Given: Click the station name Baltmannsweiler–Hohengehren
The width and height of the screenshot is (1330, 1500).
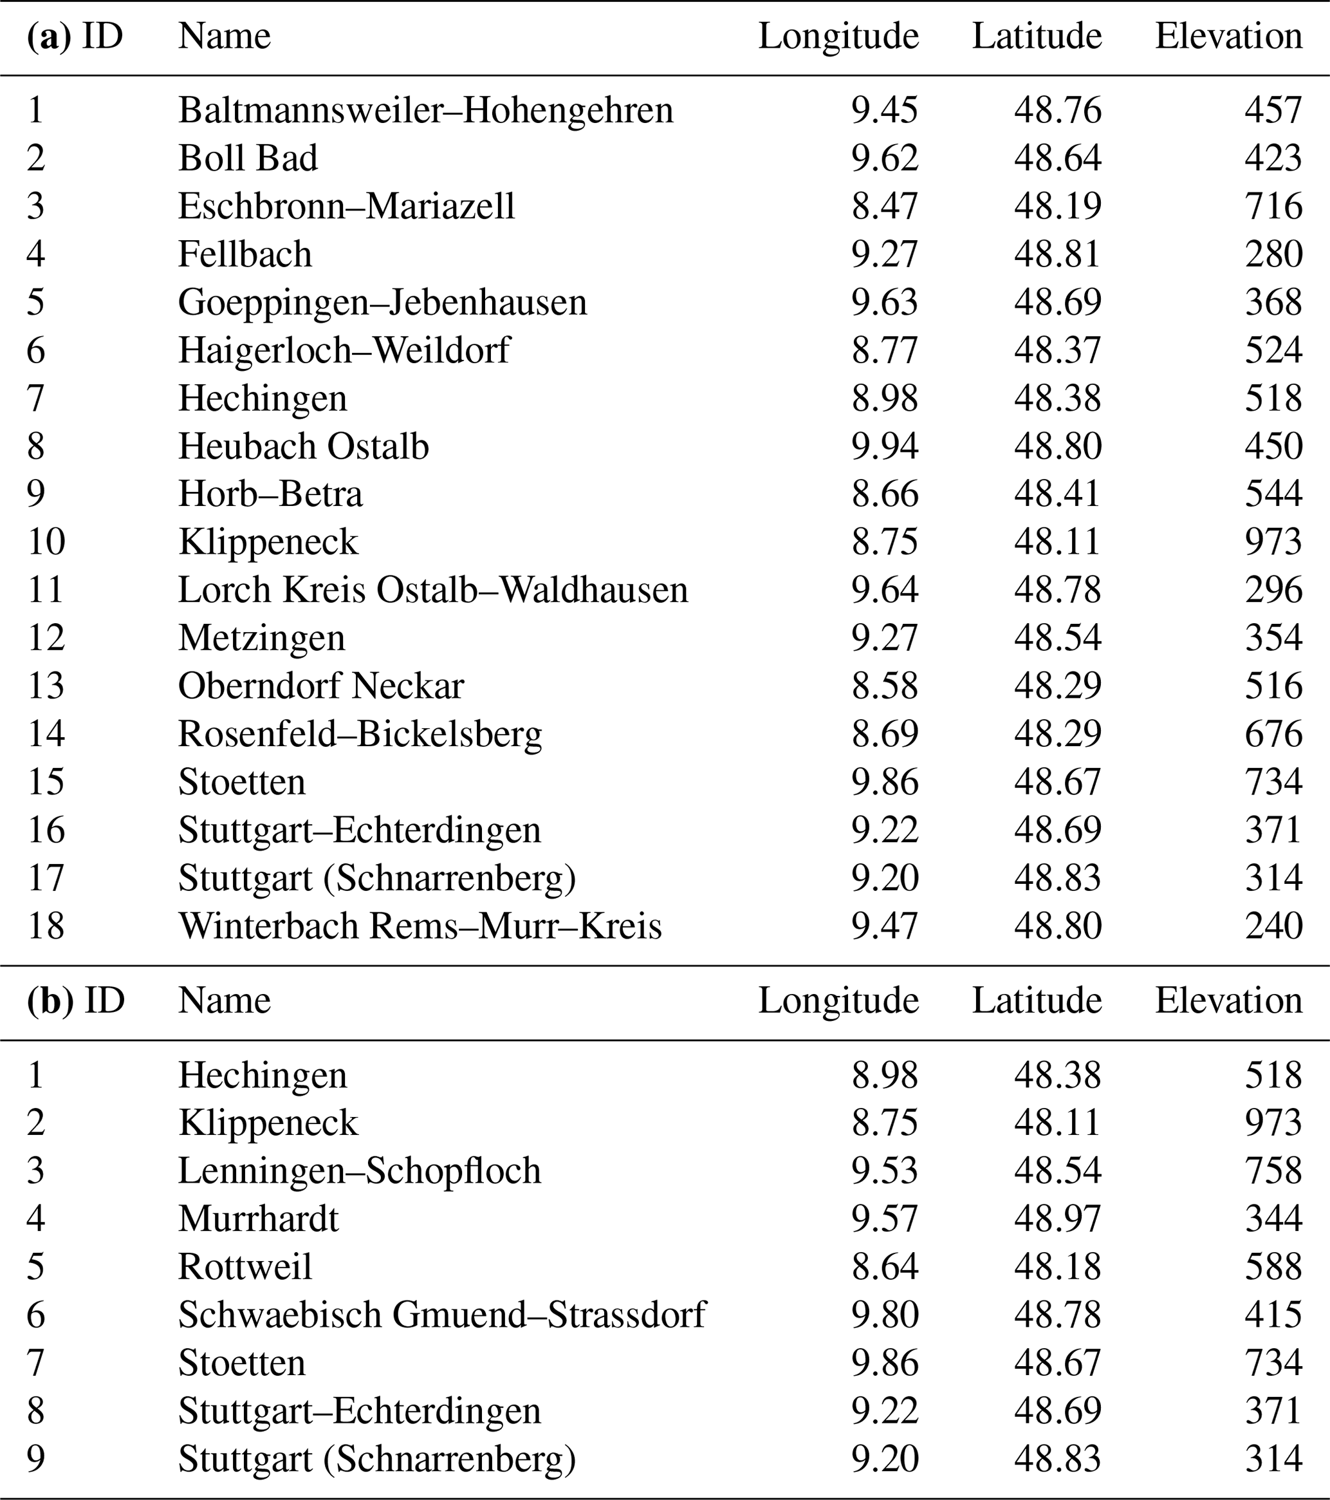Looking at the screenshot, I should [x=425, y=110].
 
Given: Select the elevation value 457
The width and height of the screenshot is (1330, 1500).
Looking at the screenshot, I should [x=1273, y=110].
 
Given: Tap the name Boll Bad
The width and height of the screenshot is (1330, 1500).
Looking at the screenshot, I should [x=248, y=158].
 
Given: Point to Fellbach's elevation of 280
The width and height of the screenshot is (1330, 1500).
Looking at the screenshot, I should [x=1273, y=254].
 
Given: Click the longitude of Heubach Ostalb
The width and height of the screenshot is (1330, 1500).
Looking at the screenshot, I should [x=884, y=446].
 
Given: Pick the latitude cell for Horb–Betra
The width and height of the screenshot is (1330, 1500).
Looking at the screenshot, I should [x=1057, y=494].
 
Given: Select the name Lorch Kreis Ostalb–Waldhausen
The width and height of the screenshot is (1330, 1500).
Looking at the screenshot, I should [x=433, y=590].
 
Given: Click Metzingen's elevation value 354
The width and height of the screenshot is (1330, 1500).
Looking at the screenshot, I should [x=1273, y=638].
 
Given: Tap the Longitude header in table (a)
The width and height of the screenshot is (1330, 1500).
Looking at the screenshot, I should [x=838, y=36].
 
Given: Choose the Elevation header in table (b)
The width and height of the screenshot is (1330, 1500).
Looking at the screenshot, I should [x=1228, y=1001].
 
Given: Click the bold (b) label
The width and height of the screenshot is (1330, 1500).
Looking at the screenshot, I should [x=50, y=1001].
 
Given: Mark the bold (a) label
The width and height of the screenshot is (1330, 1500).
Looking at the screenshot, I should [x=48, y=36].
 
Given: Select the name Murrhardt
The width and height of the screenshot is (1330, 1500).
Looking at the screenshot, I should [x=258, y=1219].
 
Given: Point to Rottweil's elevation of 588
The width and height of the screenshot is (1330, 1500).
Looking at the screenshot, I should [x=1273, y=1267].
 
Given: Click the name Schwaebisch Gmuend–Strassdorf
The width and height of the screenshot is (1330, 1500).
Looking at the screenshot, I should [x=441, y=1315].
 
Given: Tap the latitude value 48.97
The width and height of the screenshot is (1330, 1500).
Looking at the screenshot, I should [x=1057, y=1219].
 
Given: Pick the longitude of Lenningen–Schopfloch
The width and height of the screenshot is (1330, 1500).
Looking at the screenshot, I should [x=884, y=1170].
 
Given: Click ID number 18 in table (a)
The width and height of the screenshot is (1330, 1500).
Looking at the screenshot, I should [x=46, y=926].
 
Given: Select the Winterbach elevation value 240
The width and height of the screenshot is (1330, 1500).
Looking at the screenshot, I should [x=1273, y=926].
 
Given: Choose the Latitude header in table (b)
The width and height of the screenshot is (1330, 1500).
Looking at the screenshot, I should [x=1037, y=1001].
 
